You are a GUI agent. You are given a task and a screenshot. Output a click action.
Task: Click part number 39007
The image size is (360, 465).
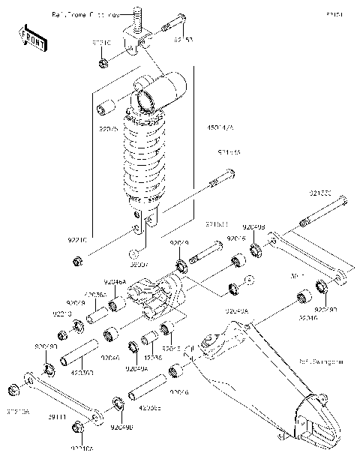[x=139, y=264]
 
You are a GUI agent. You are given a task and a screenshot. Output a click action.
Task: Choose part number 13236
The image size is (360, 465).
[x=152, y=358]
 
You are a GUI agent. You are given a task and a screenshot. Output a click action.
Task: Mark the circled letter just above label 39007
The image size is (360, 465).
[x=133, y=252]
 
